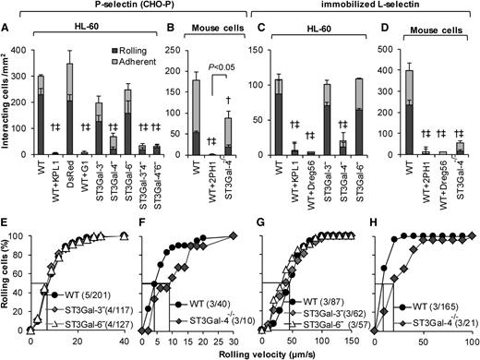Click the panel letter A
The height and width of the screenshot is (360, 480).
(6, 37)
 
